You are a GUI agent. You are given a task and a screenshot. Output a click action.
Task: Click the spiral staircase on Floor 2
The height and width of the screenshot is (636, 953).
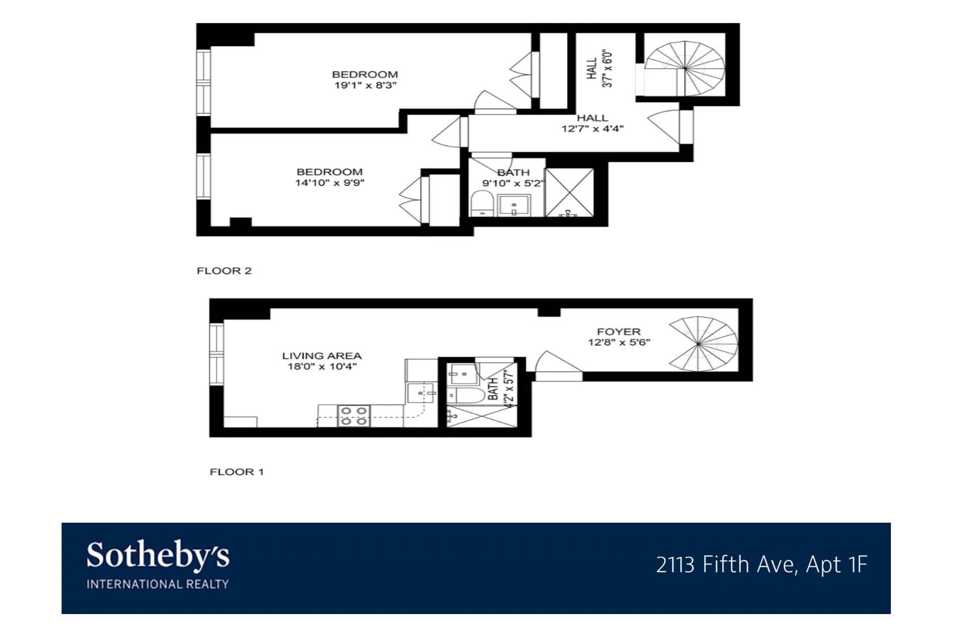(x=684, y=68)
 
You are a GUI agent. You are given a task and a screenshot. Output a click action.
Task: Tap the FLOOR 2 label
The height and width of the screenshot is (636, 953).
(x=224, y=270)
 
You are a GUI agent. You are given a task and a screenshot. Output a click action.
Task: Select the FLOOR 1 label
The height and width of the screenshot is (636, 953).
(x=236, y=472)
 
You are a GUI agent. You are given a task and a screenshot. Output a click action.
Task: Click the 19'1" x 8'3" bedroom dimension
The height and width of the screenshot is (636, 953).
(x=365, y=85)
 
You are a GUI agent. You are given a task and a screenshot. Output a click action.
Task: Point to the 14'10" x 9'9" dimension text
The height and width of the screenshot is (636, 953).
(x=329, y=183)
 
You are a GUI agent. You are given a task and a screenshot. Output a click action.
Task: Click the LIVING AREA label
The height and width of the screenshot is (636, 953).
(x=321, y=356)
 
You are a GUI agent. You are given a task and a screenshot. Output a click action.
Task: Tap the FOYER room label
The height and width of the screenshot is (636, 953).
(x=618, y=332)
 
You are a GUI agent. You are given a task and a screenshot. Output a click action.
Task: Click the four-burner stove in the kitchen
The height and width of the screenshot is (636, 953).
(x=354, y=416)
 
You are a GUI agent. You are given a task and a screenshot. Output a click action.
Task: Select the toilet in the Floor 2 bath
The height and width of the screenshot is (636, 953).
(x=481, y=204)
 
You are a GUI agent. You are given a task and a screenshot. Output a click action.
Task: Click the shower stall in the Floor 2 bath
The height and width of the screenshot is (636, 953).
(x=569, y=192)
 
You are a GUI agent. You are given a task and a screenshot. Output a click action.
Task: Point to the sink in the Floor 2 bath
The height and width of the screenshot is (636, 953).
(x=514, y=205)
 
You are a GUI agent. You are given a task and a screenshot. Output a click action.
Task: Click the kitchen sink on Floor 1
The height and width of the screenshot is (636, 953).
(x=421, y=393)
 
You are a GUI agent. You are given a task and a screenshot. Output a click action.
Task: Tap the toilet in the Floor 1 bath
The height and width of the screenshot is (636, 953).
(x=467, y=395)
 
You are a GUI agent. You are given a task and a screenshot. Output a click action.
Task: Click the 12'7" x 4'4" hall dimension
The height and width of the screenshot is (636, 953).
(x=592, y=128)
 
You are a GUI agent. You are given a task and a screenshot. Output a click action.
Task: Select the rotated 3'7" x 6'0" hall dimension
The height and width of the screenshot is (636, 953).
(x=607, y=68)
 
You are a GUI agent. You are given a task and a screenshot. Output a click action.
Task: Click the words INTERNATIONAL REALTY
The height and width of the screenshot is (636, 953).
(x=158, y=584)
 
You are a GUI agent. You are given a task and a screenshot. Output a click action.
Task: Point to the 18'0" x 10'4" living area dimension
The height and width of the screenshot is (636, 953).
(x=322, y=367)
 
